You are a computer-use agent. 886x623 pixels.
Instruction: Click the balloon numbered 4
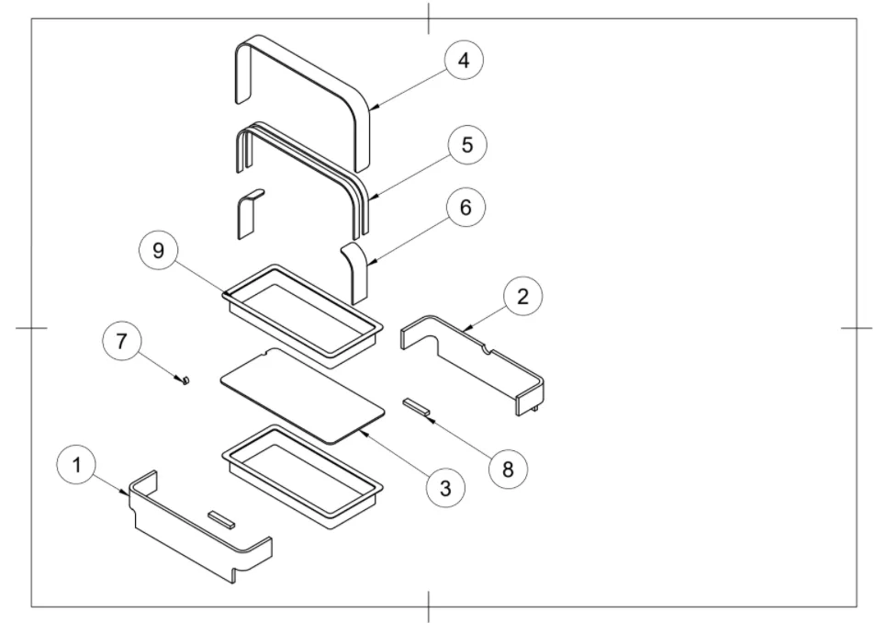pos(464,62)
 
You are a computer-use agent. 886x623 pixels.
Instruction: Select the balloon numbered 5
pos(467,146)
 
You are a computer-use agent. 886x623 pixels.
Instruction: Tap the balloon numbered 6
pos(465,209)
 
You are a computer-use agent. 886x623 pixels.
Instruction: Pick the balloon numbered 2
pos(522,297)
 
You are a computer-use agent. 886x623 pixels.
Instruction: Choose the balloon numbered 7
pos(121,343)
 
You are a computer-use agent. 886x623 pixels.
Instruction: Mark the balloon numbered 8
pos(508,469)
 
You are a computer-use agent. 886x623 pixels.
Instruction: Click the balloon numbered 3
pos(445,488)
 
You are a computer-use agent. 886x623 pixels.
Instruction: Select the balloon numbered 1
pos(77,465)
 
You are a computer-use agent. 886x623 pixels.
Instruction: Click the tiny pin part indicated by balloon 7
pos(185,379)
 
